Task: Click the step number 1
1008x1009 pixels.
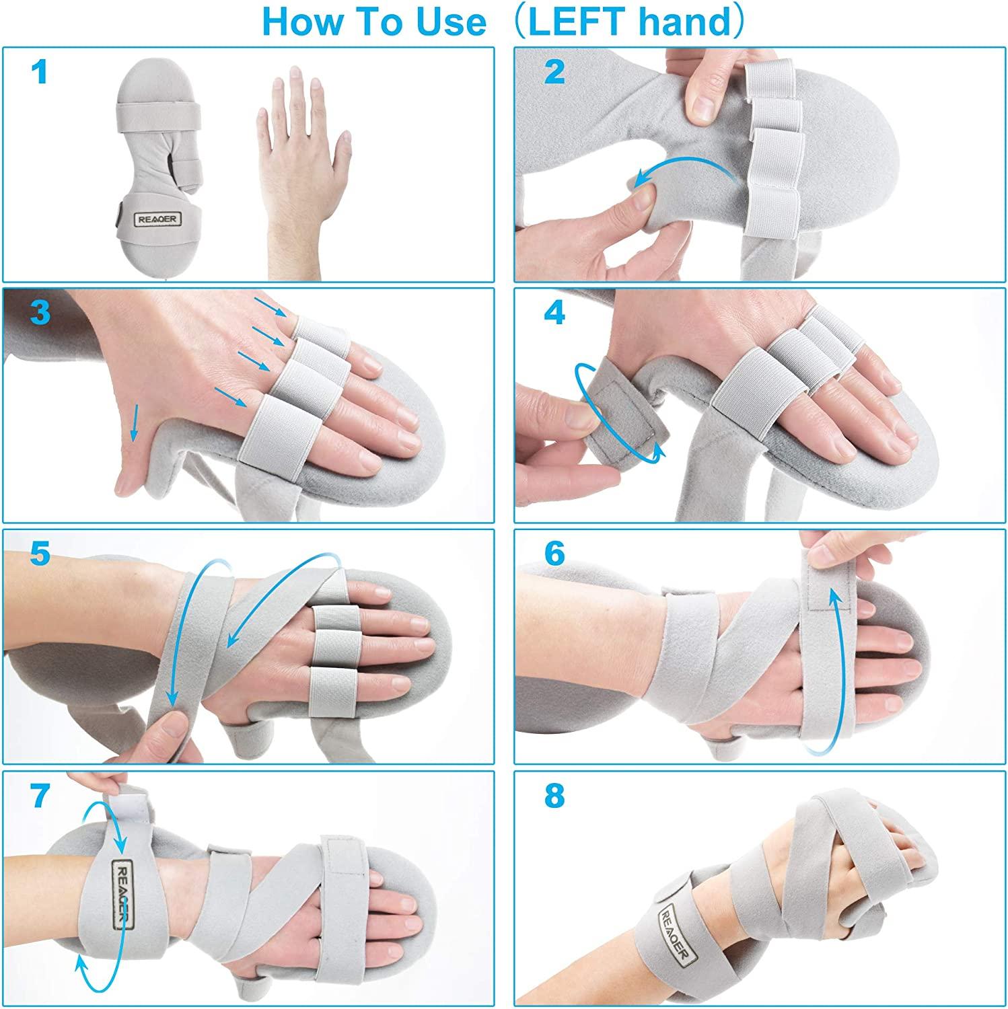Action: (x=40, y=71)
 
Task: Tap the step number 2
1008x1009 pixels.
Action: (x=554, y=71)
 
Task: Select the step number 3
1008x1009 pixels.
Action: (x=40, y=312)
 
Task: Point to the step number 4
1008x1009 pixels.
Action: (x=554, y=313)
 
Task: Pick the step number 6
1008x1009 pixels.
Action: (x=554, y=554)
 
